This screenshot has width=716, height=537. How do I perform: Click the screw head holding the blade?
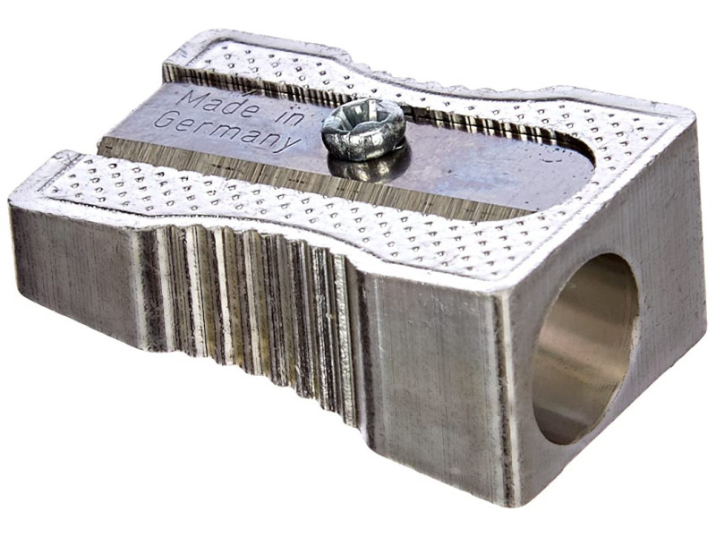pos(363,129)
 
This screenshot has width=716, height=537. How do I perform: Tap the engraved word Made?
pos(215,103)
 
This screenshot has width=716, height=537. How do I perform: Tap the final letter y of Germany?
pos(289,142)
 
